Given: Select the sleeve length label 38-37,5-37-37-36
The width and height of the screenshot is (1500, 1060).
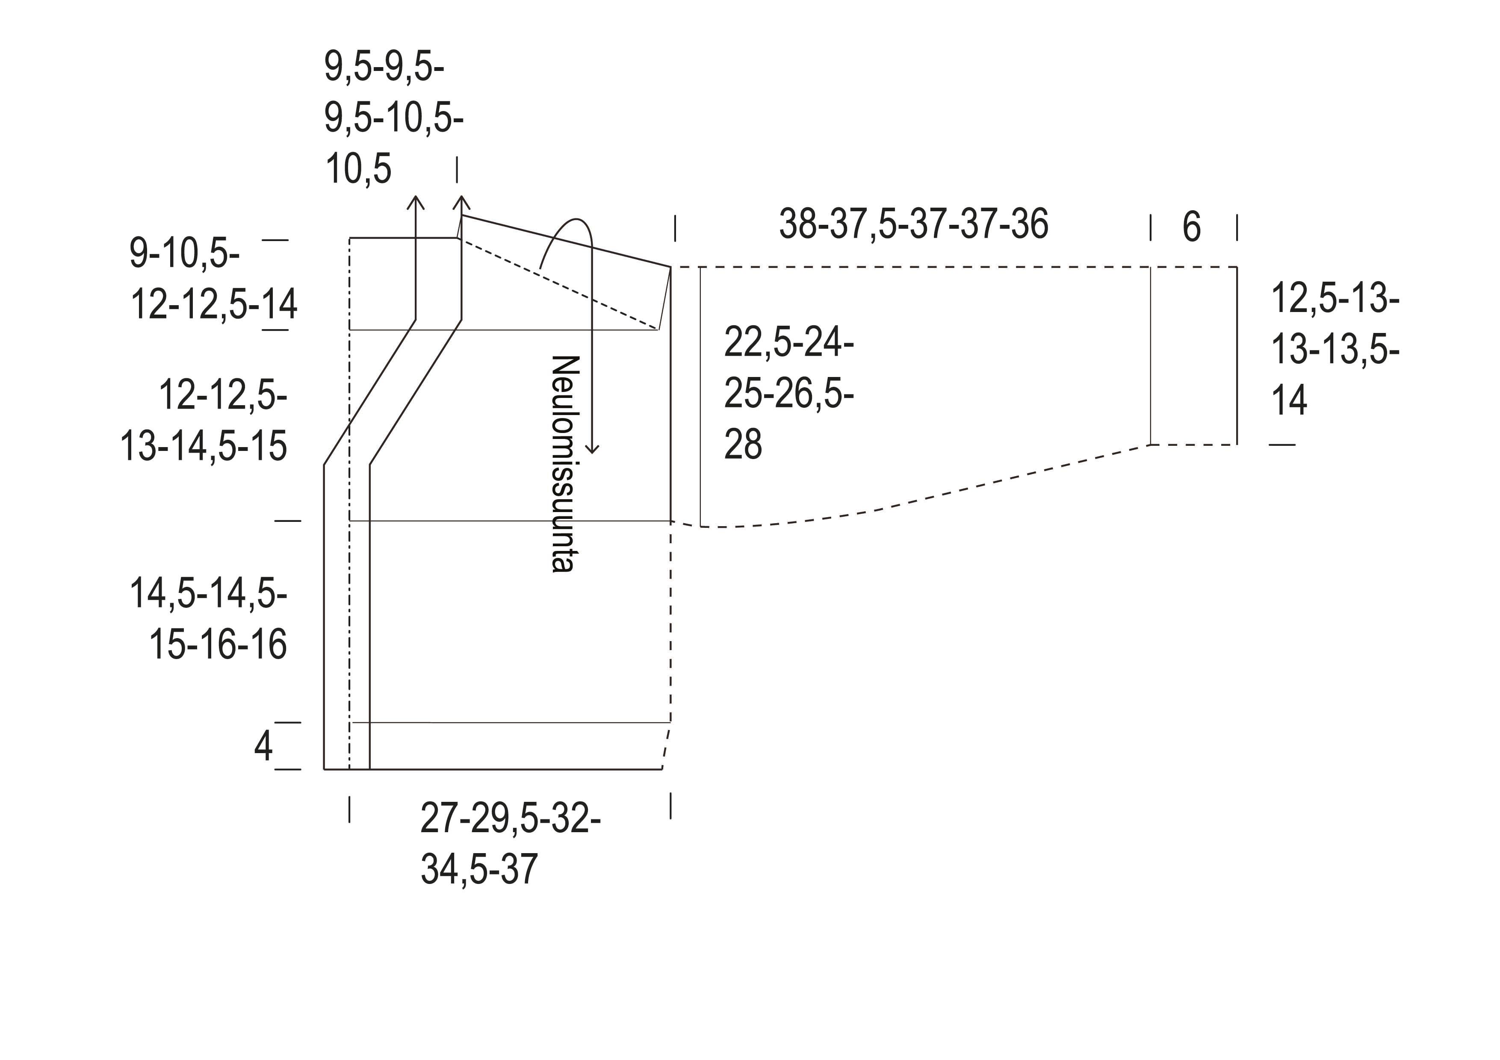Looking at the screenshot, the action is pyautogui.click(x=913, y=224).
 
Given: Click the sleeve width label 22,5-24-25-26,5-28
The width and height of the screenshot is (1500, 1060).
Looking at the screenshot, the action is pyautogui.click(x=788, y=394).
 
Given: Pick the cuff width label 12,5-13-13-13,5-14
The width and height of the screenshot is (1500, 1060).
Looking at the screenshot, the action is pyautogui.click(x=1335, y=349).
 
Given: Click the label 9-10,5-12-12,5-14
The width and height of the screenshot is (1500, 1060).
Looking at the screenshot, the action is pyautogui.click(x=213, y=279).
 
